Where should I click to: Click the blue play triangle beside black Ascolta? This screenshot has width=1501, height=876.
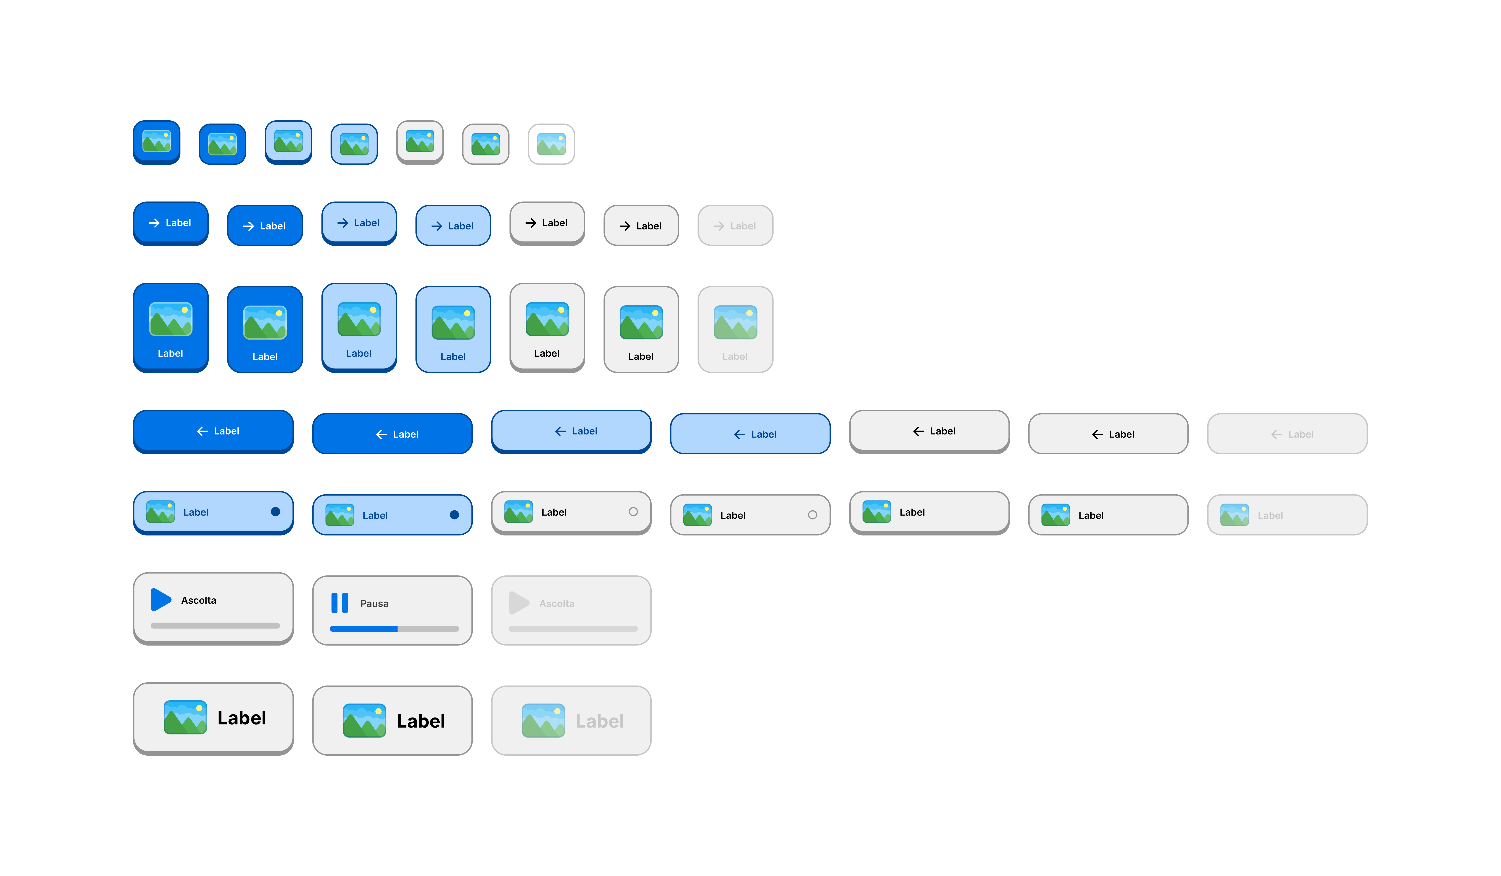point(160,600)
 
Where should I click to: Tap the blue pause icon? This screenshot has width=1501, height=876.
point(340,603)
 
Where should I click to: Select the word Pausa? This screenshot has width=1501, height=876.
point(374,603)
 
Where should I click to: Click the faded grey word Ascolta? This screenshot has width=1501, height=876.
point(557,603)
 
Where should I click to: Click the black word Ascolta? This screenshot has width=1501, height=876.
point(199,600)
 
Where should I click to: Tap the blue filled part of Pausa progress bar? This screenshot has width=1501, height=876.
point(363,628)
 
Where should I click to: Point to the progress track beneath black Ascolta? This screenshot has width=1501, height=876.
point(215,625)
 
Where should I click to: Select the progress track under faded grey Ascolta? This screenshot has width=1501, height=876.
point(573,628)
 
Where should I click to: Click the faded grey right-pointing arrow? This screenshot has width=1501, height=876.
point(719,226)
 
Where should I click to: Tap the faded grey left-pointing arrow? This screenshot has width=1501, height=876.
point(1277,434)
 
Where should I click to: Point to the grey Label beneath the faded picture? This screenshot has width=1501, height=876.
point(735,356)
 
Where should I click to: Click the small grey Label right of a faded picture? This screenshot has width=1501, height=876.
point(1270,515)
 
